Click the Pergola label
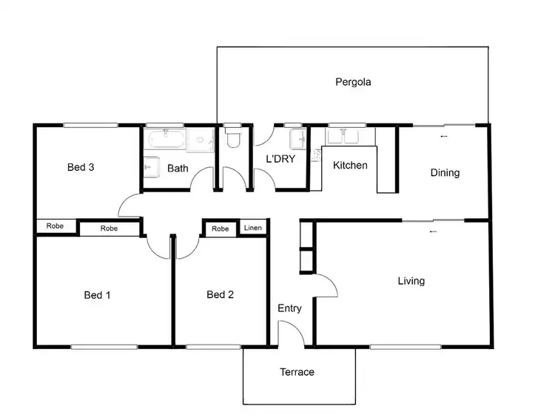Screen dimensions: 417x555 (x=353, y=82)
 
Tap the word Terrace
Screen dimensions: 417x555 (x=297, y=372)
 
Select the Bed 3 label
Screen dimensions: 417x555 (x=81, y=167)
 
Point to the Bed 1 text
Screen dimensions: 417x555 (x=97, y=295)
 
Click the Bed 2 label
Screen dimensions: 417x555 (x=220, y=295)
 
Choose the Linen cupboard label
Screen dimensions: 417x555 (x=252, y=229)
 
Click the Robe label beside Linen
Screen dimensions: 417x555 (x=220, y=229)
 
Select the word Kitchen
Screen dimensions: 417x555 (x=349, y=165)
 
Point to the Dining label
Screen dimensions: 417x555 (x=445, y=173)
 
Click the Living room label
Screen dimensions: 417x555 (x=411, y=281)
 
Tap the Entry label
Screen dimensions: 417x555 (x=289, y=308)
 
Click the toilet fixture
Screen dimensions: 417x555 (x=233, y=139)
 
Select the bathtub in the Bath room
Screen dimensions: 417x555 (x=166, y=140)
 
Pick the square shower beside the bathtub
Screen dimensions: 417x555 (x=200, y=140)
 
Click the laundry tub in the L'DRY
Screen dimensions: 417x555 (x=298, y=138)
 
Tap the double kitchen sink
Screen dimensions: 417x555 (x=342, y=136)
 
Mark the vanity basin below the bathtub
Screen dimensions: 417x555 (x=150, y=167)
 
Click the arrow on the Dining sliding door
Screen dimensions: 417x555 (x=443, y=137)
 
